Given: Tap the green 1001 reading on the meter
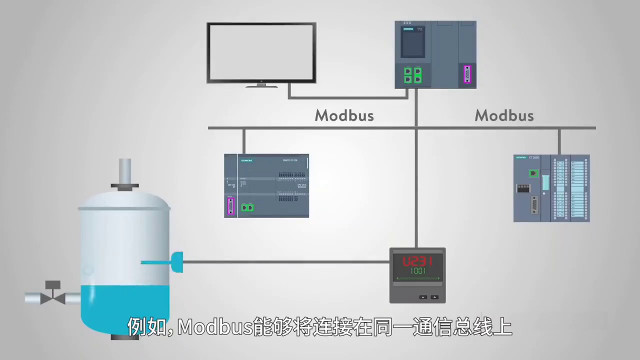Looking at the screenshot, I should tap(417, 271).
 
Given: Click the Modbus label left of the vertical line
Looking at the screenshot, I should tap(344, 115).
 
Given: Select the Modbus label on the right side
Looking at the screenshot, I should tap(504, 115).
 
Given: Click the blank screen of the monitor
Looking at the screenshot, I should tap(261, 52).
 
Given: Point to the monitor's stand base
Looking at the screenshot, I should tap(261, 85).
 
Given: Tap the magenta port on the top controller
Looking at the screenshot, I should tap(467, 74).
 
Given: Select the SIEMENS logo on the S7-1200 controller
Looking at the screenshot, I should tap(247, 160).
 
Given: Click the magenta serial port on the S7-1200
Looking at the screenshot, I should tap(230, 206).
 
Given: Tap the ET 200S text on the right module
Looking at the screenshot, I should tap(534, 157).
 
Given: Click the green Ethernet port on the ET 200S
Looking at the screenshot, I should tap(534, 173).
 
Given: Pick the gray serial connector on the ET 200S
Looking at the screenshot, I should tap(534, 205).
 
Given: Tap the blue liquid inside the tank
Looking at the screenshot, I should tap(125, 305).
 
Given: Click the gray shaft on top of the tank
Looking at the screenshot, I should tap(124, 171).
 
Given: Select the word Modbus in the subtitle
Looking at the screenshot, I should tap(214, 327).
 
